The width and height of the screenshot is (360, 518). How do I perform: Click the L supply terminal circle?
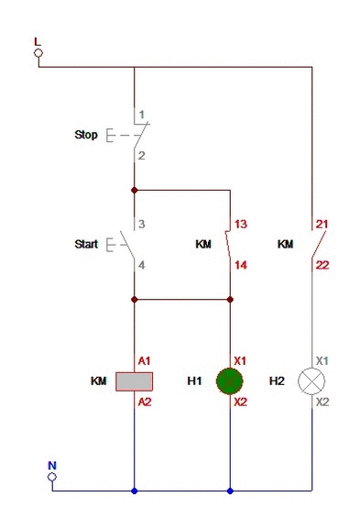tap(38, 53)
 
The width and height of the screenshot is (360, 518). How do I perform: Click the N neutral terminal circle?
tap(52, 477)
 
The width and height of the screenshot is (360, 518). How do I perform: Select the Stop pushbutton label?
tap(86, 135)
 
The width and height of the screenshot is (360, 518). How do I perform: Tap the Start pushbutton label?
tap(86, 244)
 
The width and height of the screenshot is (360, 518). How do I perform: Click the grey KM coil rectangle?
tap(135, 381)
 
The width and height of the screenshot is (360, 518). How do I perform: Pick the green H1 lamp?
tap(230, 381)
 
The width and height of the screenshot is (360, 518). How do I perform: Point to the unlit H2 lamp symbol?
tap(311, 381)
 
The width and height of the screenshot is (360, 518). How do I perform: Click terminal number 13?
tap(241, 224)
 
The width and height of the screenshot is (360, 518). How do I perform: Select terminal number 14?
tap(241, 265)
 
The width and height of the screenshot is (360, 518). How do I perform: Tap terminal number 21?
tap(322, 224)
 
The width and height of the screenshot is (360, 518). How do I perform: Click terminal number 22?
tap(322, 265)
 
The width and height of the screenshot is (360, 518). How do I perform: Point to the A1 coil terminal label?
tap(144, 360)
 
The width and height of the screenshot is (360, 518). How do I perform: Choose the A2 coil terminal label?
tap(145, 402)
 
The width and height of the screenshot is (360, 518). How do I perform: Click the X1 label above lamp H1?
tap(240, 360)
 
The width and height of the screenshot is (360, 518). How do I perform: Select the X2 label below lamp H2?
tap(322, 402)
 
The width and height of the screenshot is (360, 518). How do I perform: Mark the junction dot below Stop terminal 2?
tap(135, 190)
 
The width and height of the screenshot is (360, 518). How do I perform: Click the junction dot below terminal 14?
tap(230, 300)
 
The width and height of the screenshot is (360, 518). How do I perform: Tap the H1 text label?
tap(194, 381)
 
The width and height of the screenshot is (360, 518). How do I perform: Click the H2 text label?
tap(277, 381)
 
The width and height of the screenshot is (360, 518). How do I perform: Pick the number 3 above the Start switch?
tap(142, 224)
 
